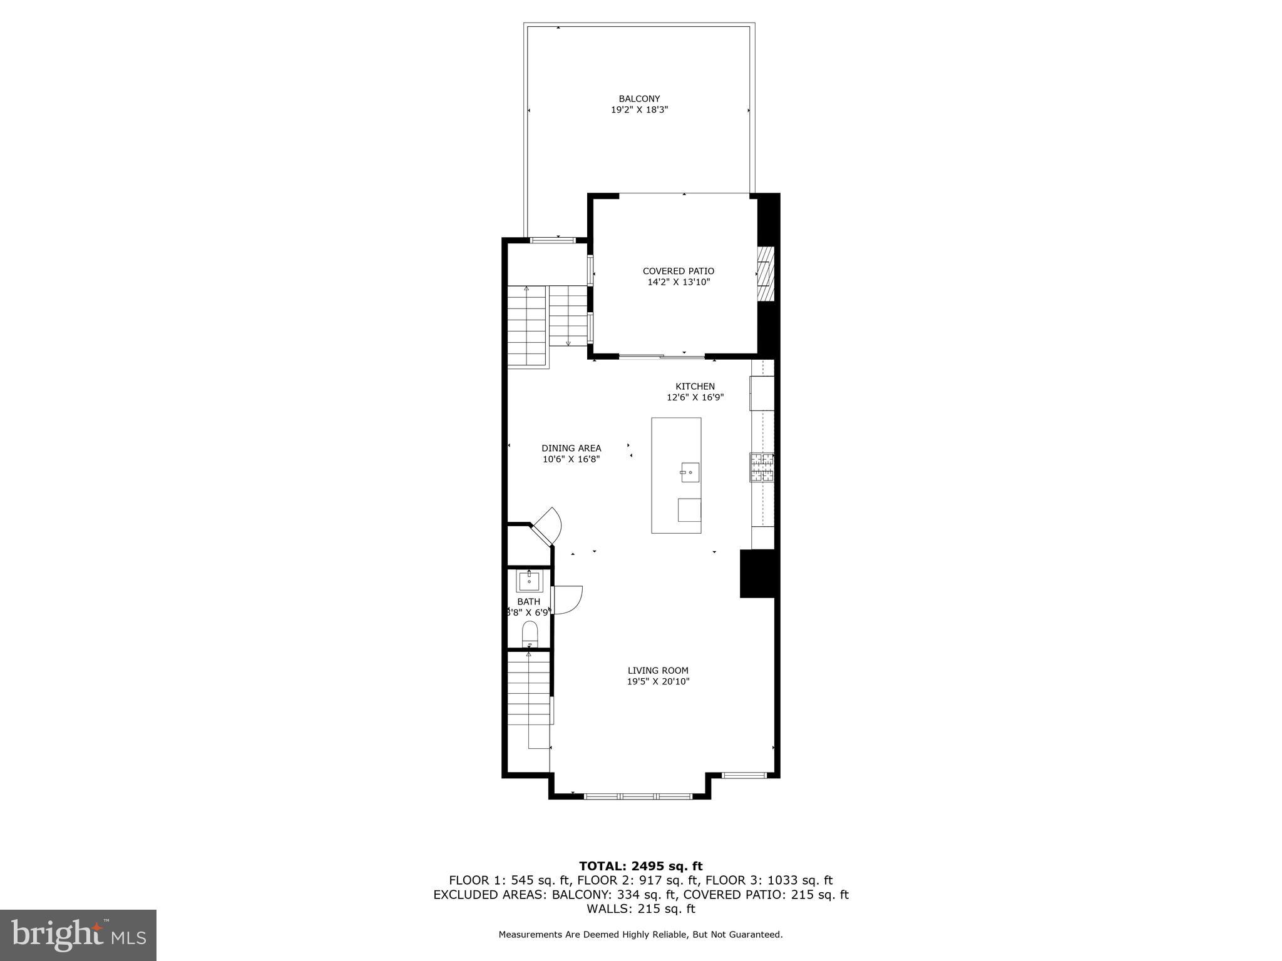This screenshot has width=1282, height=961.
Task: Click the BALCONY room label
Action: pyautogui.click(x=639, y=99)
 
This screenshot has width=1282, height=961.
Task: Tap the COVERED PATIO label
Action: pyautogui.click(x=678, y=271)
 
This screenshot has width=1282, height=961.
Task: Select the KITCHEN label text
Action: pyautogui.click(x=695, y=387)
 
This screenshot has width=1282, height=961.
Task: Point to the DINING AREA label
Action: pyautogui.click(x=571, y=448)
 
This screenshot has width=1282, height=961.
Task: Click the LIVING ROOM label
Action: pyautogui.click(x=658, y=671)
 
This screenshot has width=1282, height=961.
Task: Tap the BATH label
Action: pyautogui.click(x=528, y=602)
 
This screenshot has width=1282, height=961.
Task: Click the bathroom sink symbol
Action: pyautogui.click(x=529, y=581)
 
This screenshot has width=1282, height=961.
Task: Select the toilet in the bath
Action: pyautogui.click(x=530, y=634)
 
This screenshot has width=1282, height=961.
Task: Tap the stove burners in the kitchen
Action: pyautogui.click(x=762, y=467)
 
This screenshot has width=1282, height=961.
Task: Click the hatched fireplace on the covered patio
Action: pyautogui.click(x=765, y=274)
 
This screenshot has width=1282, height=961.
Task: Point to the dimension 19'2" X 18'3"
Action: pyautogui.click(x=639, y=110)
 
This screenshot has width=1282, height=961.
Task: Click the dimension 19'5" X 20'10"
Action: pyautogui.click(x=658, y=682)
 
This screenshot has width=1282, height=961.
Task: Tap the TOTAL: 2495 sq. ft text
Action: pyautogui.click(x=640, y=867)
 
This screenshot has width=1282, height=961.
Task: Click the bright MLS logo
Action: pyautogui.click(x=78, y=935)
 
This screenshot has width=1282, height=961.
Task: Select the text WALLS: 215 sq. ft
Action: pyautogui.click(x=640, y=909)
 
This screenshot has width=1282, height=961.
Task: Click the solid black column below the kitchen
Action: pyautogui.click(x=758, y=574)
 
